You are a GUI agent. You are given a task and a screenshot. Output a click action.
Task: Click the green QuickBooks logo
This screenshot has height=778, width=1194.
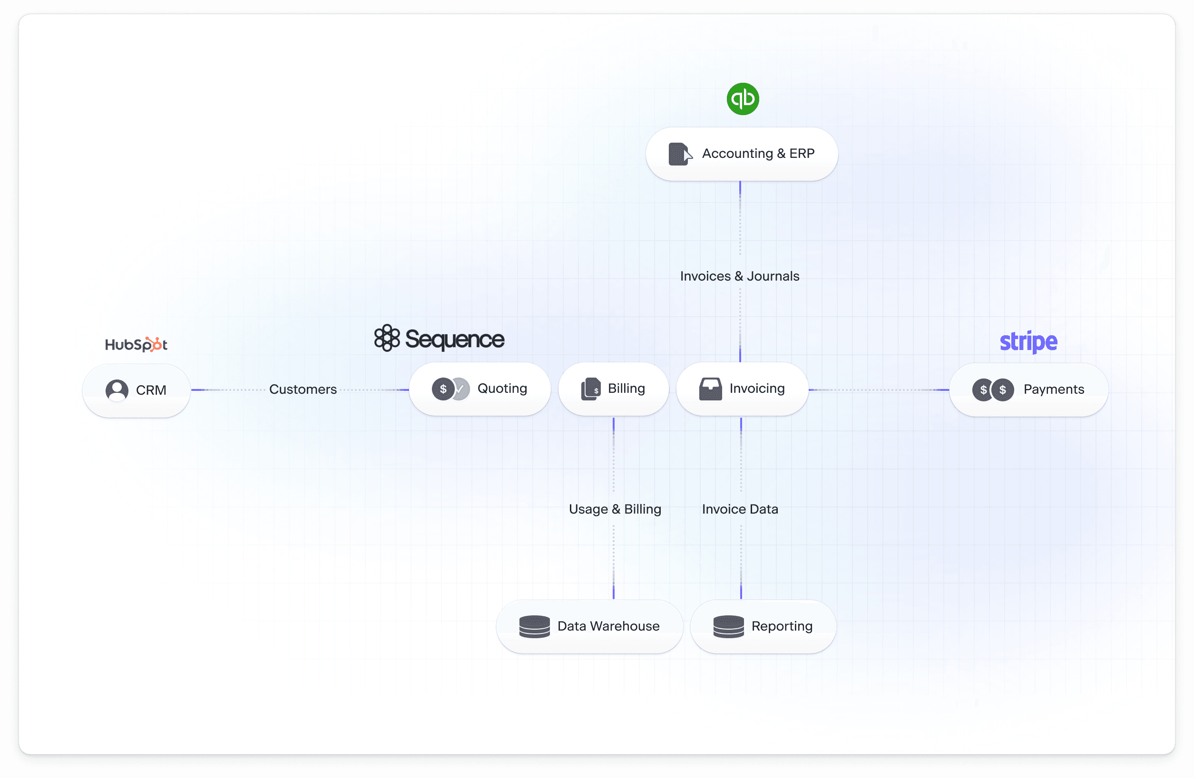point(743,99)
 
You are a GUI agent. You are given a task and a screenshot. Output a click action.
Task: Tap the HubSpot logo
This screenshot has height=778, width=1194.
point(136,344)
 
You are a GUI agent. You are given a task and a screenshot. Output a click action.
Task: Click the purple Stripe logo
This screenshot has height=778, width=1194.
point(1028,341)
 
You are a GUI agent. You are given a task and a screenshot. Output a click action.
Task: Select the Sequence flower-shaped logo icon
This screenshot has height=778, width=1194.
point(387,338)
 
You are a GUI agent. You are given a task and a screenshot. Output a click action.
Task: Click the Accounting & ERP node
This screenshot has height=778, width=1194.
point(742,154)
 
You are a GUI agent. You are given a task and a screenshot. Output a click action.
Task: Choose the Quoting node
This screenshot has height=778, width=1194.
point(480,389)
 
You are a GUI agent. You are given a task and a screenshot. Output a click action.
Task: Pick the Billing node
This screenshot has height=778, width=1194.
point(613,389)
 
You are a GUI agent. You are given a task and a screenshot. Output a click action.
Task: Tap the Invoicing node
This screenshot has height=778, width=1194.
point(742,389)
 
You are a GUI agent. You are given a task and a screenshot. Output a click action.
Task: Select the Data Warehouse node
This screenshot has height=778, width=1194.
point(589,626)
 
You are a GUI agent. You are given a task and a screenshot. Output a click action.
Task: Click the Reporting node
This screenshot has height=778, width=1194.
point(763,626)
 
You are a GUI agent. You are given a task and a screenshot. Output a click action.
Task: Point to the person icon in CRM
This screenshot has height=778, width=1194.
point(117,390)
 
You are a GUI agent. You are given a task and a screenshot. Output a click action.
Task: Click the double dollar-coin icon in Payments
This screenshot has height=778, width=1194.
point(993,390)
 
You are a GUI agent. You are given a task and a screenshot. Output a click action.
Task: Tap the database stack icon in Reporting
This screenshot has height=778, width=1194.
point(728,626)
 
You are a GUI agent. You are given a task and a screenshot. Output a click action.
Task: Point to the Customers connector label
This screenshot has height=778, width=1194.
point(303,389)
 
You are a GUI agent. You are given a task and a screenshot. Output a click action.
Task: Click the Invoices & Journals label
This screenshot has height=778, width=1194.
point(740,276)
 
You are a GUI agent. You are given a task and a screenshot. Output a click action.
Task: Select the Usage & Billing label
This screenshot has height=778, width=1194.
point(615,509)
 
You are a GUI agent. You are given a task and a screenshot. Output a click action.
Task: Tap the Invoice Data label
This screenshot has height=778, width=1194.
point(740,509)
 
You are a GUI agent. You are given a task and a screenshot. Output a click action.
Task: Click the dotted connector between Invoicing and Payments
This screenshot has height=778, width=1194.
point(878,390)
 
